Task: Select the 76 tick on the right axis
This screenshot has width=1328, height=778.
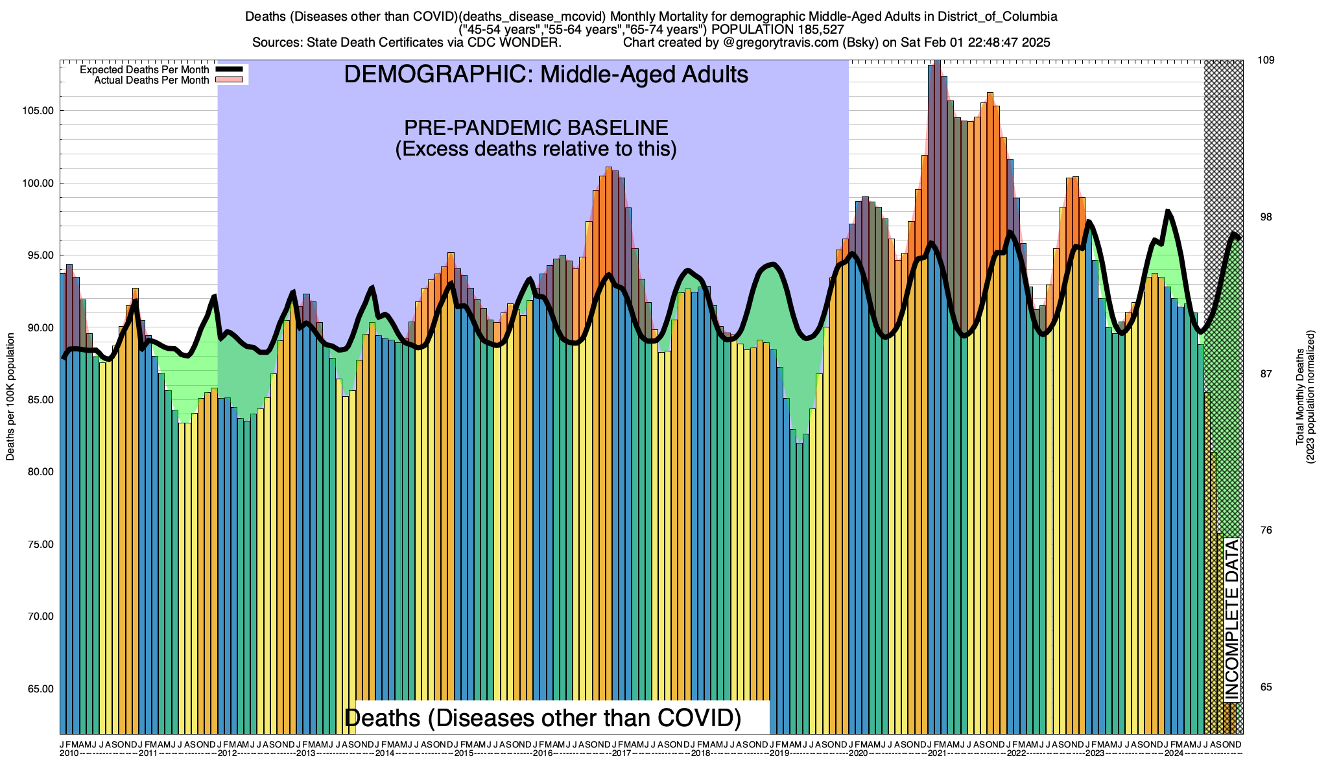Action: tap(1266, 530)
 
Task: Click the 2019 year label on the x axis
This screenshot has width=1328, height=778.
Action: tap(779, 753)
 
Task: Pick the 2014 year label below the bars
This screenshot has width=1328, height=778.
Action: tap(385, 753)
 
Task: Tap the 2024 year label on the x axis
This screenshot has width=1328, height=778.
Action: tap(1174, 753)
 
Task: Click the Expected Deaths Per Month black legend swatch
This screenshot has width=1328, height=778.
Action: tap(229, 69)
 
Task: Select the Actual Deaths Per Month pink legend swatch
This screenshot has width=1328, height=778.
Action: tap(229, 80)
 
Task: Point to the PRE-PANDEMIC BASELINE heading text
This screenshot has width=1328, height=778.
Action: tap(536, 127)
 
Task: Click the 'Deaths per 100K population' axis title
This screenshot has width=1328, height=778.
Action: tap(10, 397)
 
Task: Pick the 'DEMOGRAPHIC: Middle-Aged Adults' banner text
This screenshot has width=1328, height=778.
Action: tap(546, 75)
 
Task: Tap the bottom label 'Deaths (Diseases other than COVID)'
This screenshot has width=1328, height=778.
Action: tap(542, 718)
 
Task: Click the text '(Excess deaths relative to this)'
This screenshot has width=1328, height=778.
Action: tap(536, 149)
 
